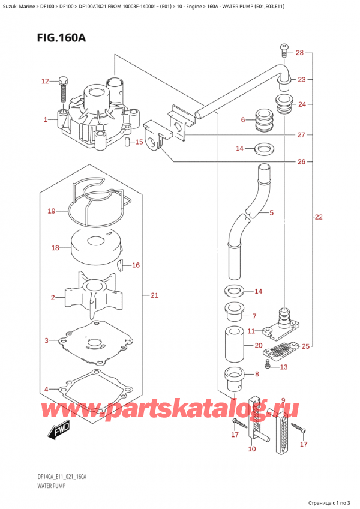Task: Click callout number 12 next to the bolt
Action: pyautogui.click(x=46, y=81)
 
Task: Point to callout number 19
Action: pyautogui.click(x=52, y=211)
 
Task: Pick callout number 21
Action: pyautogui.click(x=154, y=295)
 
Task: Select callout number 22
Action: pyautogui.click(x=318, y=217)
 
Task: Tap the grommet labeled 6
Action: pyautogui.click(x=262, y=121)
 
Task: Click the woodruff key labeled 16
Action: pyautogui.click(x=119, y=264)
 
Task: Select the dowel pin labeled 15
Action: pyautogui.click(x=128, y=142)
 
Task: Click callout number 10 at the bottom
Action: pyautogui.click(x=251, y=449)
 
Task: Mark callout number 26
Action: pyautogui.click(x=302, y=161)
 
